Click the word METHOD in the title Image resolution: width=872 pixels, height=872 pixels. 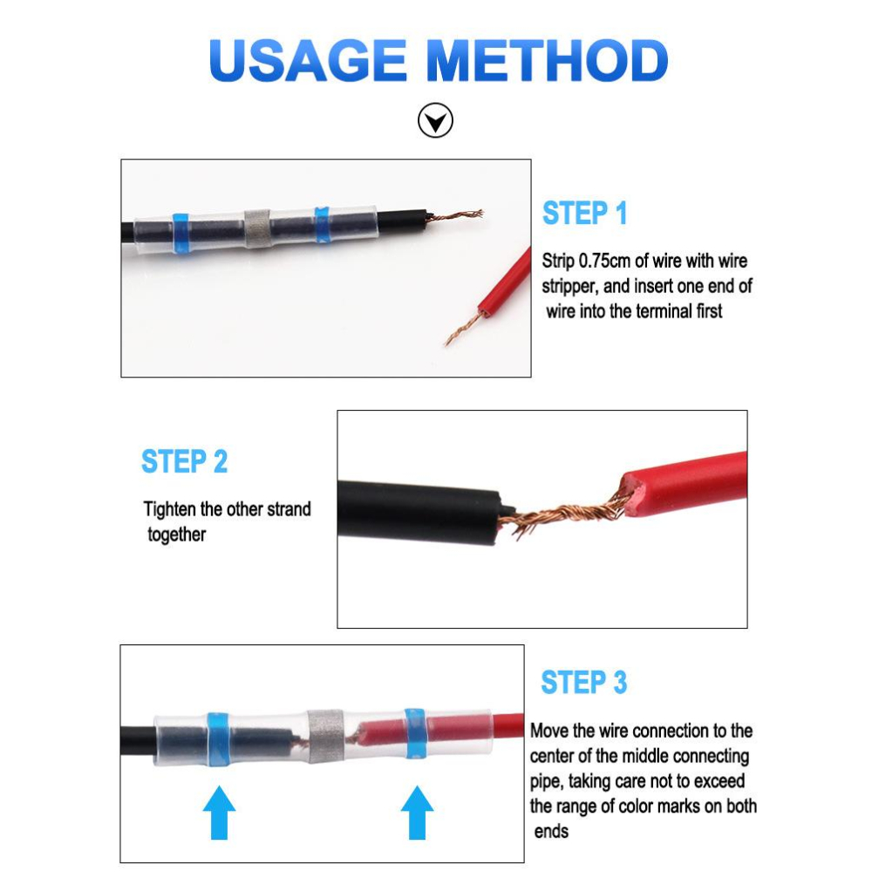click(548, 61)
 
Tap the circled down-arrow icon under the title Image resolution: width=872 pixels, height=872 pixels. click(435, 120)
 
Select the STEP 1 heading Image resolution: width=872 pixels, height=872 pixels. click(584, 213)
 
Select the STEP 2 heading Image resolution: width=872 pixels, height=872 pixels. click(184, 461)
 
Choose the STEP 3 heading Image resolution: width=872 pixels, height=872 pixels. click(584, 683)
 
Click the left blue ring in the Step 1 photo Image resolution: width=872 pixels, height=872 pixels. click(181, 233)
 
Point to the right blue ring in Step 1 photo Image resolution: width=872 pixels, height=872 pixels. click(322, 224)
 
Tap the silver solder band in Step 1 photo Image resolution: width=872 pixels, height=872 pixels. click(257, 228)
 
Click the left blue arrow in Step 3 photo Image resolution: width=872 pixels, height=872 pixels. click(219, 812)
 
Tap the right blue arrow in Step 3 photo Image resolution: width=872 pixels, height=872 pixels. click(417, 812)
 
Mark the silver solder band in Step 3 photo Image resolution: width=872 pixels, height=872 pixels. click(325, 736)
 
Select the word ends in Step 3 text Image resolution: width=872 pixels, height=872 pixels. click(551, 831)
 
